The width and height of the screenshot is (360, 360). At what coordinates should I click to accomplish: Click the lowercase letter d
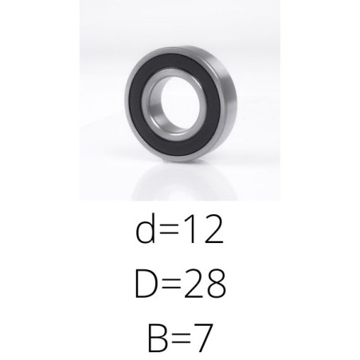click(145, 229)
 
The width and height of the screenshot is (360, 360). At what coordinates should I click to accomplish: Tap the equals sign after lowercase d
click(170, 229)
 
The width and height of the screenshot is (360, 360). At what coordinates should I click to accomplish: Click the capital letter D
click(145, 284)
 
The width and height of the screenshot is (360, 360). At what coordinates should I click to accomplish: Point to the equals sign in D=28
click(171, 284)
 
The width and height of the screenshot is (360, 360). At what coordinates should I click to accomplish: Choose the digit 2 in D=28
click(194, 284)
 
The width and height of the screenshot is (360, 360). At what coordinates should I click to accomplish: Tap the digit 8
click(216, 284)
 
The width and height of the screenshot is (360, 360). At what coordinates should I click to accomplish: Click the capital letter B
click(158, 338)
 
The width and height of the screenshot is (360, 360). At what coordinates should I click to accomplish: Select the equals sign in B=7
click(182, 338)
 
